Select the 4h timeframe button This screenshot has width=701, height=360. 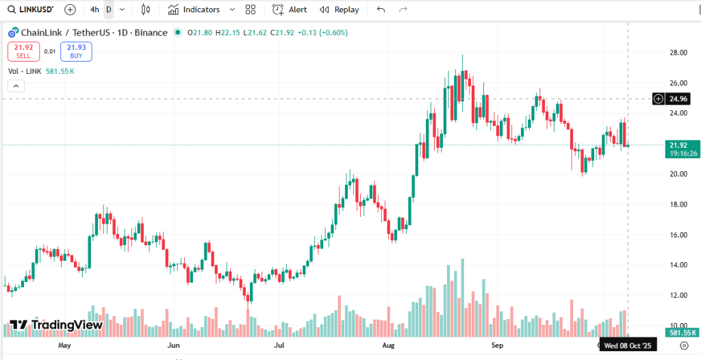tap(94, 10)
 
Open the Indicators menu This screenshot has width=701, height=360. tap(194, 10)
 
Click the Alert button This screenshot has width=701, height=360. tap(290, 10)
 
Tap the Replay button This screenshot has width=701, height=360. tap(340, 10)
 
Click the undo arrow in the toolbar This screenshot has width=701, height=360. tap(381, 10)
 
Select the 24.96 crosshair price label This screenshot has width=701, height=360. tap(678, 99)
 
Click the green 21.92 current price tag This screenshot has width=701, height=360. tap(678, 145)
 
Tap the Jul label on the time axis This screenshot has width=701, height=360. tap(279, 346)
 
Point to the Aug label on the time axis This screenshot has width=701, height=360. tap(388, 346)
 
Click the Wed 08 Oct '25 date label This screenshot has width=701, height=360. tap(628, 346)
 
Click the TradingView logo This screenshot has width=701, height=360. tap(56, 324)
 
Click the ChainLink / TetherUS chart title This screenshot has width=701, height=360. tap(94, 33)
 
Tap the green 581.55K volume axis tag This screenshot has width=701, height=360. tap(683, 332)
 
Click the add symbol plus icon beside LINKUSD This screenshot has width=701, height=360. tap(70, 10)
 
